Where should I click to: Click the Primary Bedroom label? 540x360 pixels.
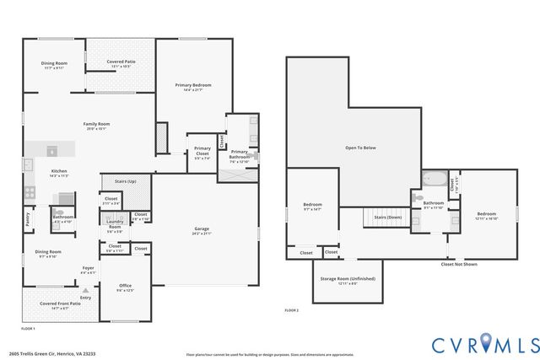point(192,85)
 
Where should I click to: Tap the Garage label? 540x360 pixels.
point(202,228)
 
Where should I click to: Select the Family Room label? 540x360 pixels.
point(96,125)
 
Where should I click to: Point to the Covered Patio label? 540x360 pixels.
point(121,62)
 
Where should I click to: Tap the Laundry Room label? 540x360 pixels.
point(115,225)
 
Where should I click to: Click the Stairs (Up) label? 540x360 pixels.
point(113,180)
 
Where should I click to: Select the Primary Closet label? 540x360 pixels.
point(202,150)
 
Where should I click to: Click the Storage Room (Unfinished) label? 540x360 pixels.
point(348,279)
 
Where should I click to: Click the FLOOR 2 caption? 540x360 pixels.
point(291,311)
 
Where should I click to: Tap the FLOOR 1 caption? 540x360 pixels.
point(28,327)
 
